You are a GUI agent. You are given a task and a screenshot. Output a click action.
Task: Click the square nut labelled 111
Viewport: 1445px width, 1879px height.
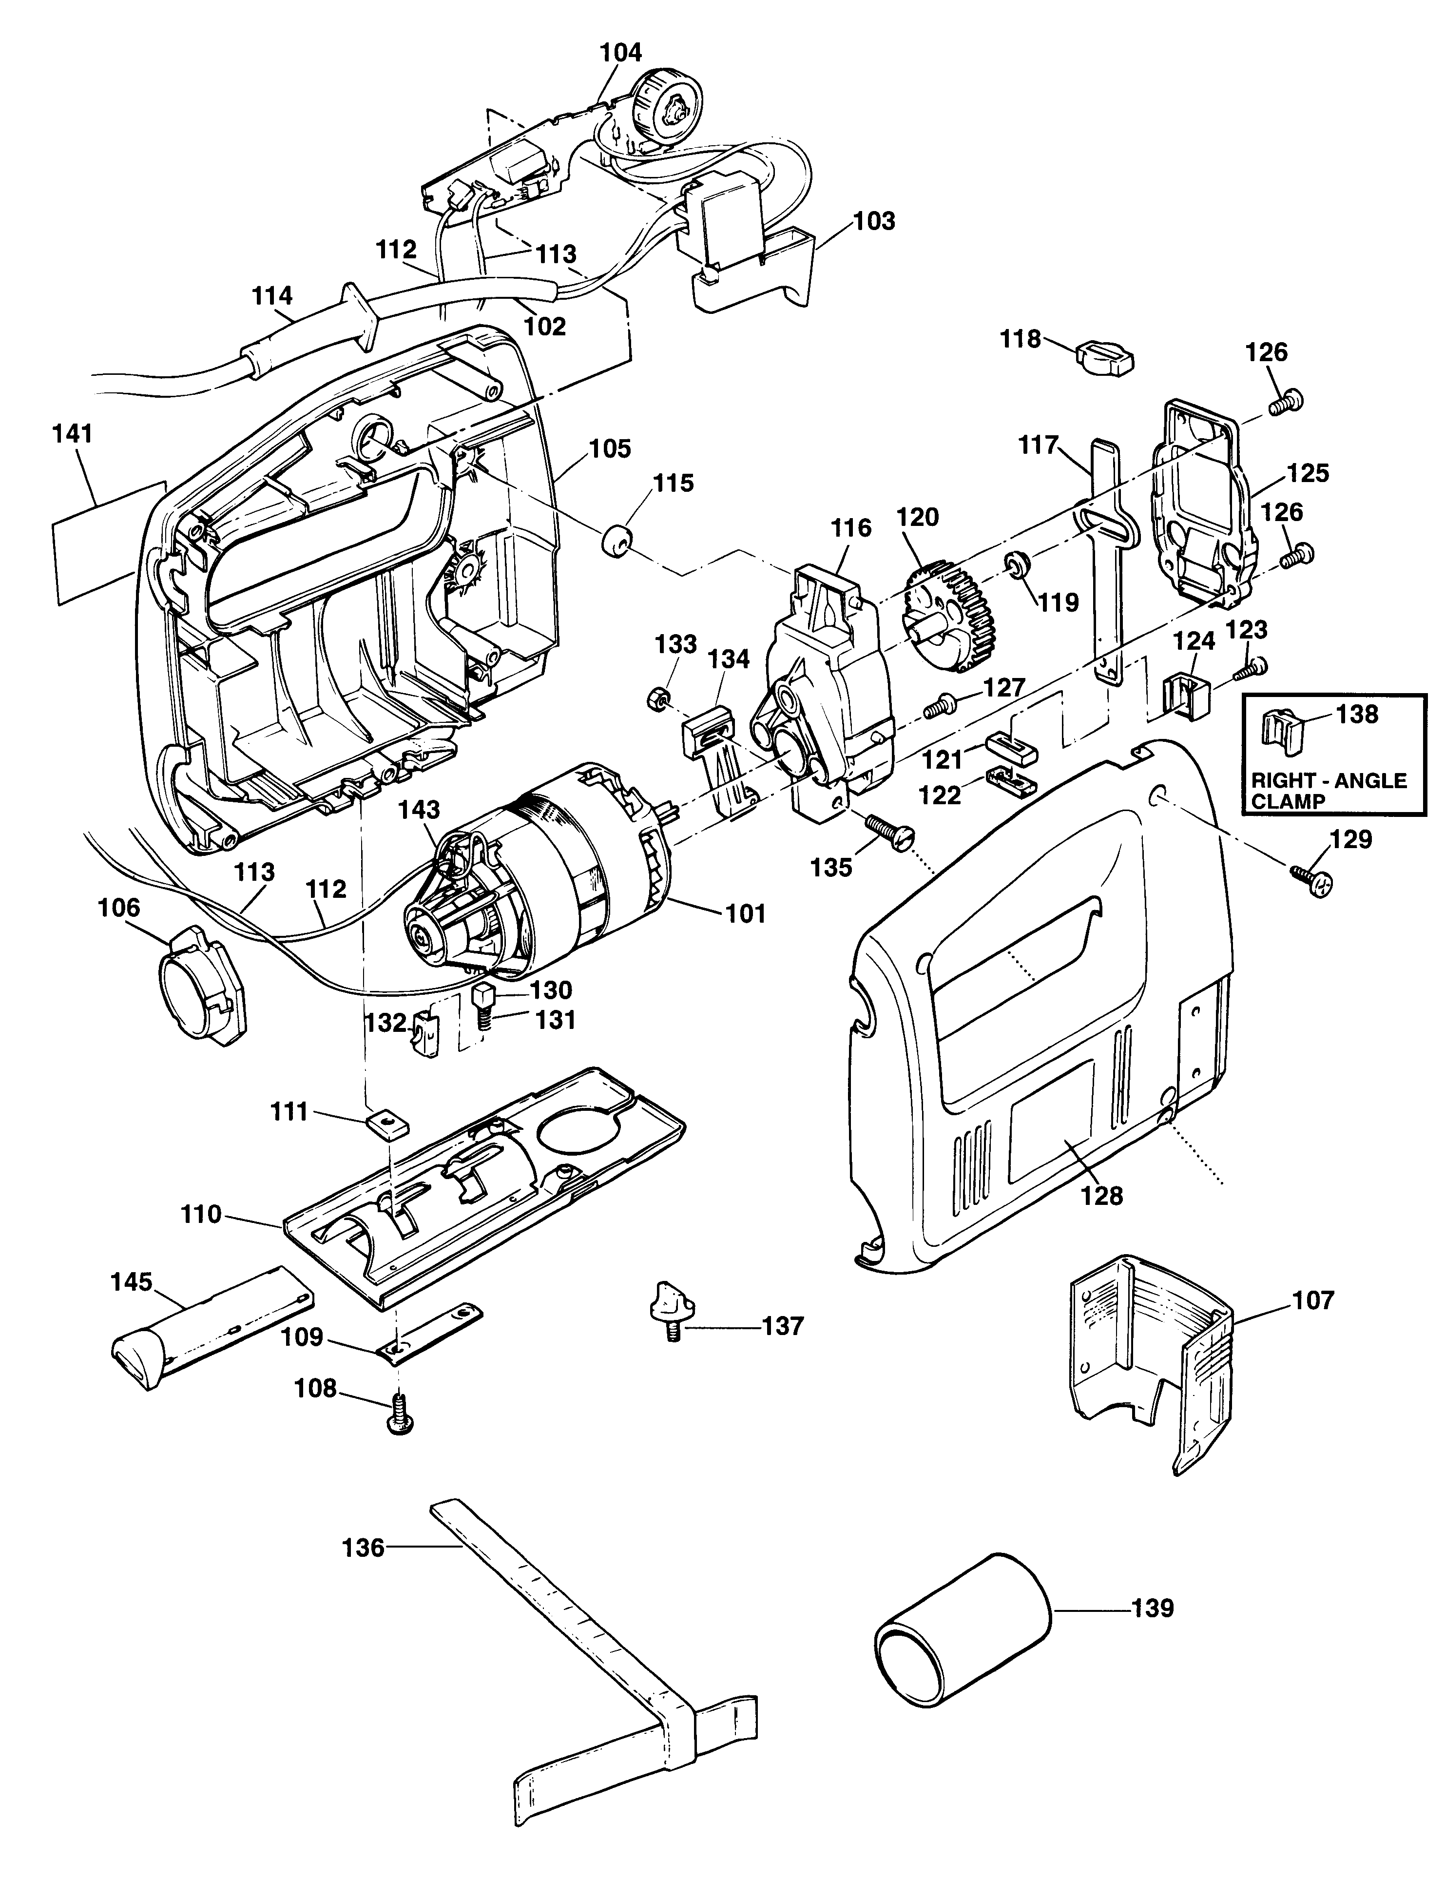click(x=386, y=1124)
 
